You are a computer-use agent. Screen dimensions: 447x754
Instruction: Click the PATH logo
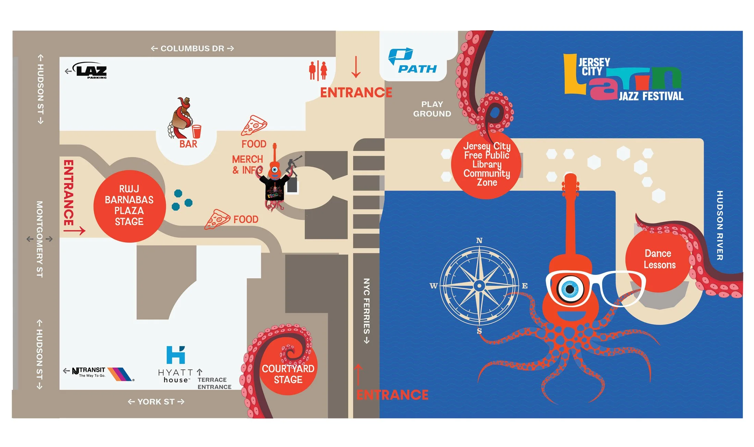[x=413, y=62]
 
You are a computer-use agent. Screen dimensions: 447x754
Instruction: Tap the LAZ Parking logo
[x=91, y=70]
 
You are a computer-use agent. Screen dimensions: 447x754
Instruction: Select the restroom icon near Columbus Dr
[x=318, y=70]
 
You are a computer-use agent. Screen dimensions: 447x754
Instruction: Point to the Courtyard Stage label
[x=288, y=374]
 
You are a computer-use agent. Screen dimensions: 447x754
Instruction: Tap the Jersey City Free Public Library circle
[x=487, y=164]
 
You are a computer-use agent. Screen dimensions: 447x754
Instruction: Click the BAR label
[x=188, y=144]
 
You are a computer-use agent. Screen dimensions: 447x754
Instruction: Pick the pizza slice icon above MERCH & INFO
[x=254, y=126]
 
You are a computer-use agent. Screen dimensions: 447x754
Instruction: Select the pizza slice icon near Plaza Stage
[x=217, y=219]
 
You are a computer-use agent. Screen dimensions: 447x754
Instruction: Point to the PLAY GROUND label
[x=432, y=109]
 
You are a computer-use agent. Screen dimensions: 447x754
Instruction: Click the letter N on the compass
[x=479, y=240]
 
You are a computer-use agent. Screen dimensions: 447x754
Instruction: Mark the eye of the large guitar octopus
[x=570, y=289]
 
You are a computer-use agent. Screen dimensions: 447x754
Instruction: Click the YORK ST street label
[x=156, y=402]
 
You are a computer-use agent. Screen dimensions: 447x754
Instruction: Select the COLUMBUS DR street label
[x=192, y=49]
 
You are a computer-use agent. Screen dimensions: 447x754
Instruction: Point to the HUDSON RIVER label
[x=720, y=225]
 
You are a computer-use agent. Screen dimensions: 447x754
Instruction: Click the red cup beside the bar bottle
[x=196, y=131]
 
